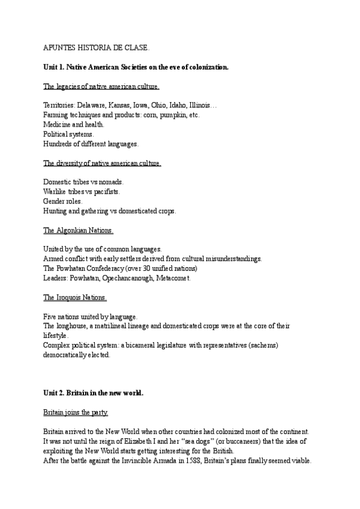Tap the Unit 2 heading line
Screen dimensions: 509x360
click(x=93, y=393)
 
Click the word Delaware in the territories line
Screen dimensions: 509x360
click(x=92, y=105)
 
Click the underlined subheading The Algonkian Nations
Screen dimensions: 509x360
click(x=79, y=230)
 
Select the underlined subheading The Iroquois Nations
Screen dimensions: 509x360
click(x=75, y=297)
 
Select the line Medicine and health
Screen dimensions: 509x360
click(x=74, y=124)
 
